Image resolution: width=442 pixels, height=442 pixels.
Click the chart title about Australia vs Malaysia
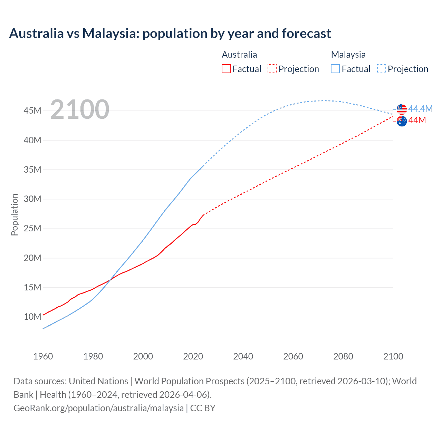click(170, 33)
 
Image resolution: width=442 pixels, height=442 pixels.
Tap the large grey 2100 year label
click(80, 109)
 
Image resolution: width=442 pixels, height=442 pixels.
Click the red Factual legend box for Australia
click(226, 69)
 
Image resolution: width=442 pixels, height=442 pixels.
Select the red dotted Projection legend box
click(272, 69)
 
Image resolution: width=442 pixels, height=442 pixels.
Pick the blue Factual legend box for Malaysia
click(335, 69)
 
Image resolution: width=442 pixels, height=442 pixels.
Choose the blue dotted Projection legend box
click(381, 69)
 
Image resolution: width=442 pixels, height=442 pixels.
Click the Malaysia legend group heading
click(348, 55)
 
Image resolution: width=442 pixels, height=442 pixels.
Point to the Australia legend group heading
click(239, 55)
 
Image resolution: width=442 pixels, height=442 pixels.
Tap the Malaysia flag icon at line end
click(402, 109)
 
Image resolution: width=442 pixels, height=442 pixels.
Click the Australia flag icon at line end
click(402, 121)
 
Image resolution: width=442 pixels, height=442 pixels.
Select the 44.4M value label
click(420, 109)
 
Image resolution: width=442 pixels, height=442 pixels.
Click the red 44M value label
click(417, 120)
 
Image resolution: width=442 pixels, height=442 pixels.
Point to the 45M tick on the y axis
click(32, 110)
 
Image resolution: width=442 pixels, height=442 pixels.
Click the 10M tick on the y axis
click(32, 317)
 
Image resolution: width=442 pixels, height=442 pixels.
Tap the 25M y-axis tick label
click(32, 228)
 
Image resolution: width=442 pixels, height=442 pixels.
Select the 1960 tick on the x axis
click(43, 356)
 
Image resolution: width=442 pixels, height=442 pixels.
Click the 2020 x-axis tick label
click(193, 356)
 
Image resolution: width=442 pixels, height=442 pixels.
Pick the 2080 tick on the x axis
click(343, 356)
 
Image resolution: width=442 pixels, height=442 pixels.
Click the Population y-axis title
click(15, 214)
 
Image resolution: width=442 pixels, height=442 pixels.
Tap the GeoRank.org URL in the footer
click(98, 408)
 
